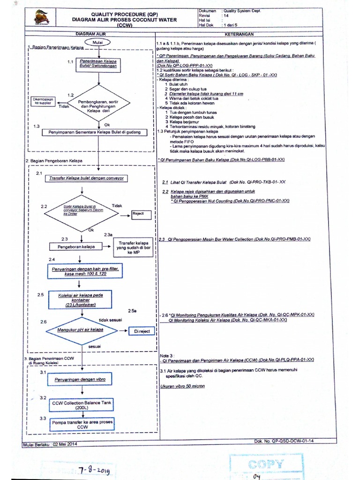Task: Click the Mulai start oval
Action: coord(98,42)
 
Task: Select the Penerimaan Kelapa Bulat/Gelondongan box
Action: coord(98,64)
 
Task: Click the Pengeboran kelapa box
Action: coord(76,247)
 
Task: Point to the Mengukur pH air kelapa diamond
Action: coord(81,330)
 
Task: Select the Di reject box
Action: coord(142,331)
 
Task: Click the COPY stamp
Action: coord(265,464)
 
